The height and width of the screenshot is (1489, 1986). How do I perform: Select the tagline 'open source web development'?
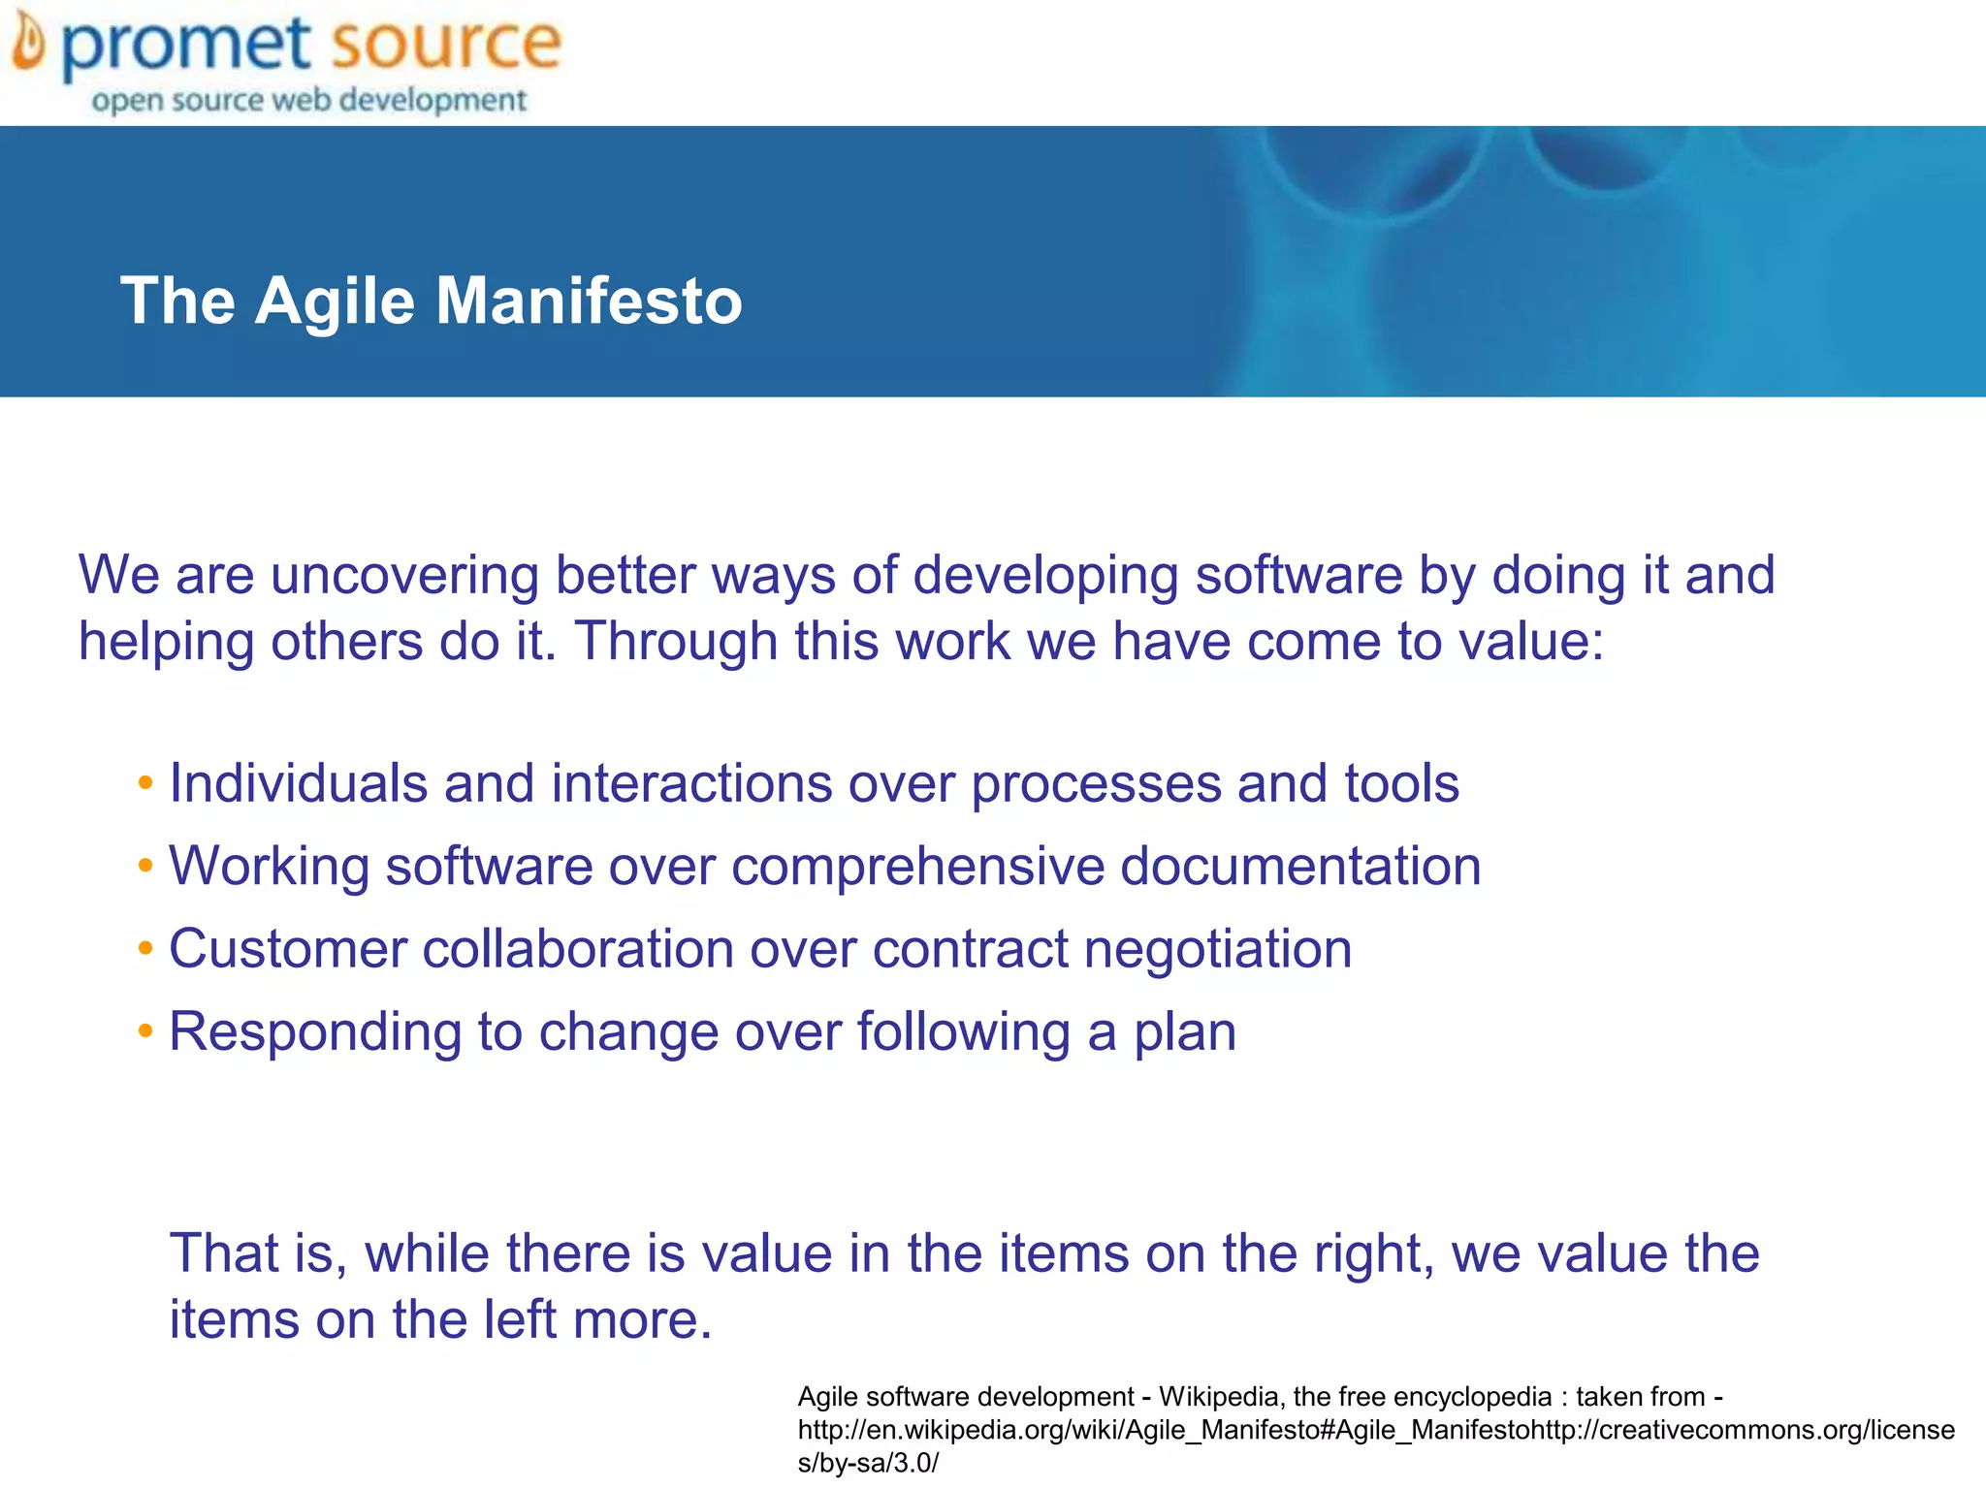pyautogui.click(x=308, y=100)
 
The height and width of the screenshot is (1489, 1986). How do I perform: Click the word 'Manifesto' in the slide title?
pyautogui.click(x=589, y=301)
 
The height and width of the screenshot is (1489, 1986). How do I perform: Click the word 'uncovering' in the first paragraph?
pyautogui.click(x=403, y=575)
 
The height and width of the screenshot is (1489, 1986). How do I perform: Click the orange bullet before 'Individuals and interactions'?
pyautogui.click(x=145, y=782)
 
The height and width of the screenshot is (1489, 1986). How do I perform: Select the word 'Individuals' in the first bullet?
pyautogui.click(x=298, y=782)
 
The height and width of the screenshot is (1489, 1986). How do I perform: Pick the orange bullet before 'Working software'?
pyautogui.click(x=145, y=865)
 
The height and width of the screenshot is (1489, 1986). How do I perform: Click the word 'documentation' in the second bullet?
pyautogui.click(x=1300, y=866)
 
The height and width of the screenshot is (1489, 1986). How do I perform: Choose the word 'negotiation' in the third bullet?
pyautogui.click(x=1217, y=948)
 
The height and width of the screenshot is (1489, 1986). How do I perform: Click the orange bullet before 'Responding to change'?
pyautogui.click(x=145, y=1030)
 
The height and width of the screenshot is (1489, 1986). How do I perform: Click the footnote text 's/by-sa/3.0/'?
pyautogui.click(x=868, y=1463)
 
